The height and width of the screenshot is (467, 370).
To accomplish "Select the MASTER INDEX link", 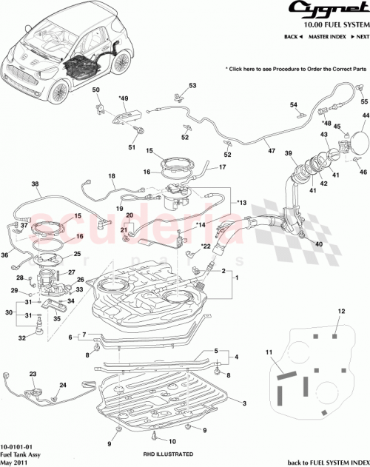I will tap(328, 36).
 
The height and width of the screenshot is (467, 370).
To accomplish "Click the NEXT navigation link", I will tap(360, 36).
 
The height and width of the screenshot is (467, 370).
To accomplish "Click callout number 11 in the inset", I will tap(270, 355).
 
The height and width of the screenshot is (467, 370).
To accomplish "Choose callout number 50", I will tap(95, 90).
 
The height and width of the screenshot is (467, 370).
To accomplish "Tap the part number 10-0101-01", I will tap(16, 447).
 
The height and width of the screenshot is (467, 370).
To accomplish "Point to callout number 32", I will tap(22, 337).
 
